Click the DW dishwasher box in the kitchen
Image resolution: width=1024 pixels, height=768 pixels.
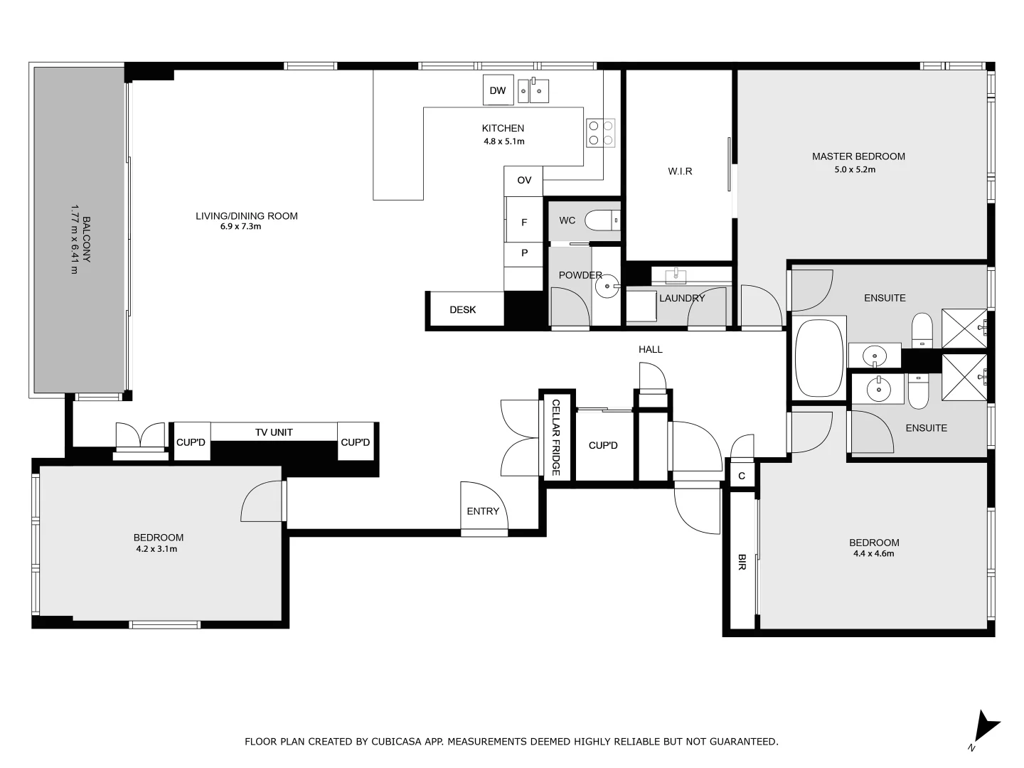point(498,90)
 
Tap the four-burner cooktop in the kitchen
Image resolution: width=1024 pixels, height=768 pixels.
point(600,133)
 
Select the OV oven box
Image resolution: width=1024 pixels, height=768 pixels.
point(523,181)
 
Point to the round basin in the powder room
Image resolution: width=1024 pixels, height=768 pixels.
point(607,288)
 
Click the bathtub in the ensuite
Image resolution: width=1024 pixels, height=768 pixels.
point(818,358)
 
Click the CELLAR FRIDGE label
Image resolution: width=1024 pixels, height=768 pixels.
point(556,437)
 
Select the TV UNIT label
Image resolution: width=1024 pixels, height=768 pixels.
point(274,432)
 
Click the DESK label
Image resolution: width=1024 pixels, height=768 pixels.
point(463,310)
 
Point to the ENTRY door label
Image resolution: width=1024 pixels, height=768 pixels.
point(483,511)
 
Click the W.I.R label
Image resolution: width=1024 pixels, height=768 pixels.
point(680,171)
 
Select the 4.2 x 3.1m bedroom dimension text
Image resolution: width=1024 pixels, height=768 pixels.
point(156,549)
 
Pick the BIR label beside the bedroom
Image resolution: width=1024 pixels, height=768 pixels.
point(742,562)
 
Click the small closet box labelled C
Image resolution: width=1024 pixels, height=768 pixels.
point(742,476)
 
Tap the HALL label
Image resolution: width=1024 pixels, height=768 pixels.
point(650,349)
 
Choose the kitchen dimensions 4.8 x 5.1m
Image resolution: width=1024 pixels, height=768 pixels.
point(503,142)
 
